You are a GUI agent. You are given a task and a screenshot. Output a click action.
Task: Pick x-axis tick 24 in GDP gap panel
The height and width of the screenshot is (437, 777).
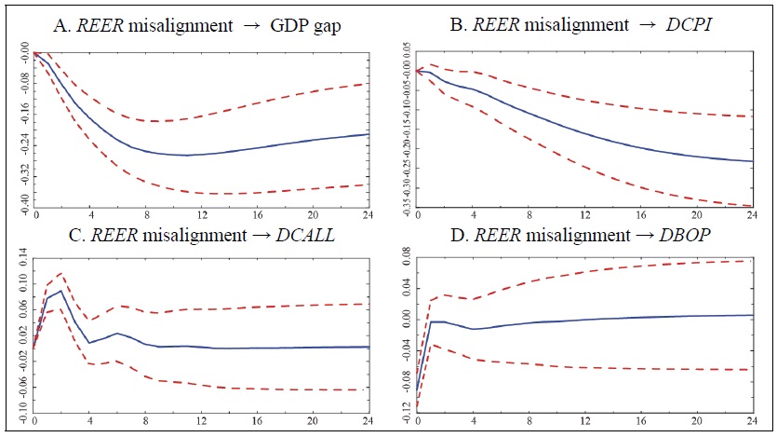click(368, 214)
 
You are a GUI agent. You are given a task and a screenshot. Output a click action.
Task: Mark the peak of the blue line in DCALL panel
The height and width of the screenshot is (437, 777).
click(61, 291)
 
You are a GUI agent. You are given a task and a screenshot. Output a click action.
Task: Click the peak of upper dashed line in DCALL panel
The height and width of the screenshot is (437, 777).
click(61, 273)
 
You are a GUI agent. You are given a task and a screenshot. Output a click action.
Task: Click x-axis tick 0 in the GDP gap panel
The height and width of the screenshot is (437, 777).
click(35, 214)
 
